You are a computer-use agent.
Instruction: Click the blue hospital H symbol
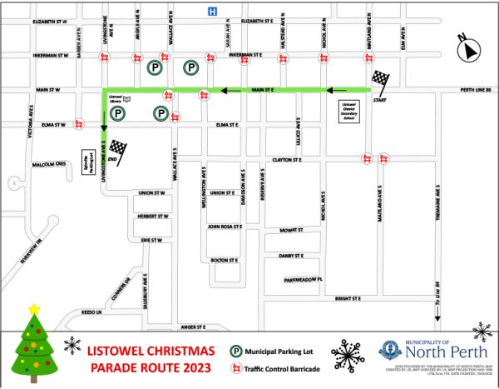[x=212, y=11]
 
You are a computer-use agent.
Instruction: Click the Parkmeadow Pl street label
[x=302, y=279]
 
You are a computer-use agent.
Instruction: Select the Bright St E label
[x=348, y=298]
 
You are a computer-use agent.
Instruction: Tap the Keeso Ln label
[x=91, y=312]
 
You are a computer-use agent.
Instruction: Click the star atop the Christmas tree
[x=34, y=310]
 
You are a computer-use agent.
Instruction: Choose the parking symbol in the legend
[x=236, y=352]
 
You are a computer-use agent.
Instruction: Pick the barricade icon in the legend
[x=236, y=367]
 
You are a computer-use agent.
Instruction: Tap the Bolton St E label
[x=225, y=260]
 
